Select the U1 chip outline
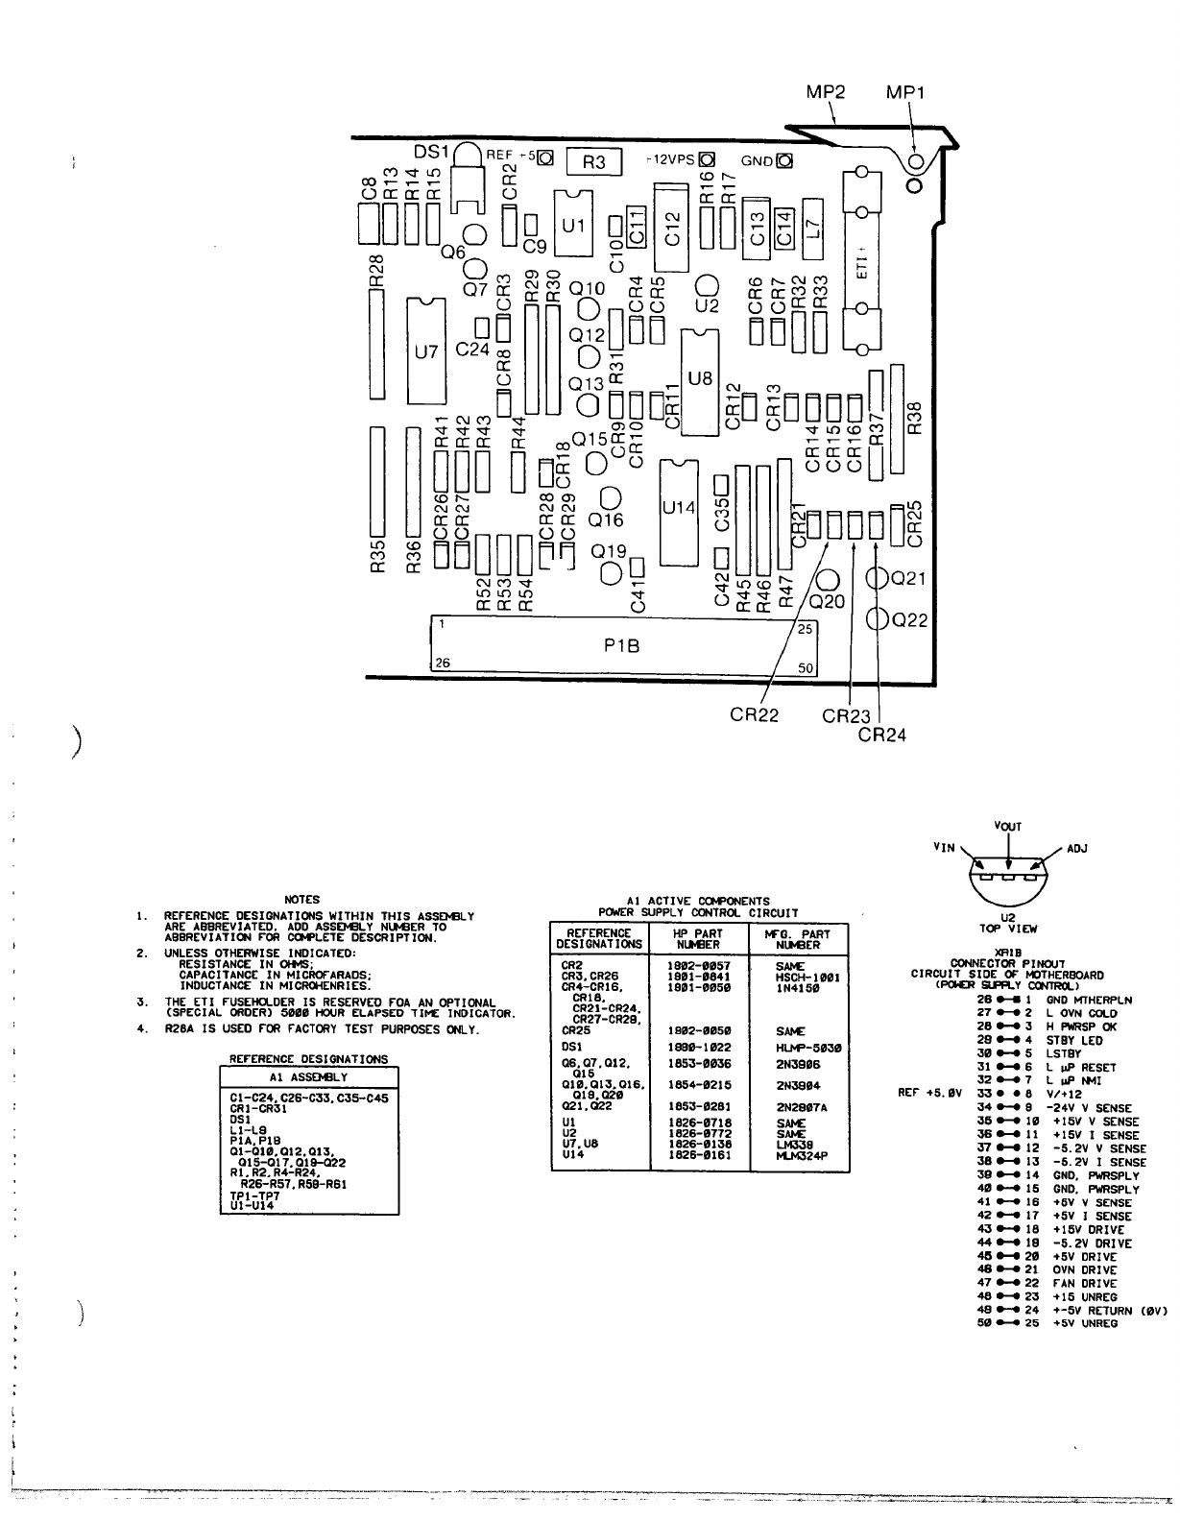coord(572,225)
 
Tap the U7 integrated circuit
coord(425,351)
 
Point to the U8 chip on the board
coord(701,378)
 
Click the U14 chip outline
coord(678,508)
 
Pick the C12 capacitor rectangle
coord(672,228)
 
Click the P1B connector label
coord(621,647)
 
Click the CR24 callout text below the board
coord(881,736)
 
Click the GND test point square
coord(783,160)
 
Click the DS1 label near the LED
coord(431,152)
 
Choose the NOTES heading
coord(302,900)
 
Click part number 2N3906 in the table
coord(798,1065)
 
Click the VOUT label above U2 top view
coord(1008,827)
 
